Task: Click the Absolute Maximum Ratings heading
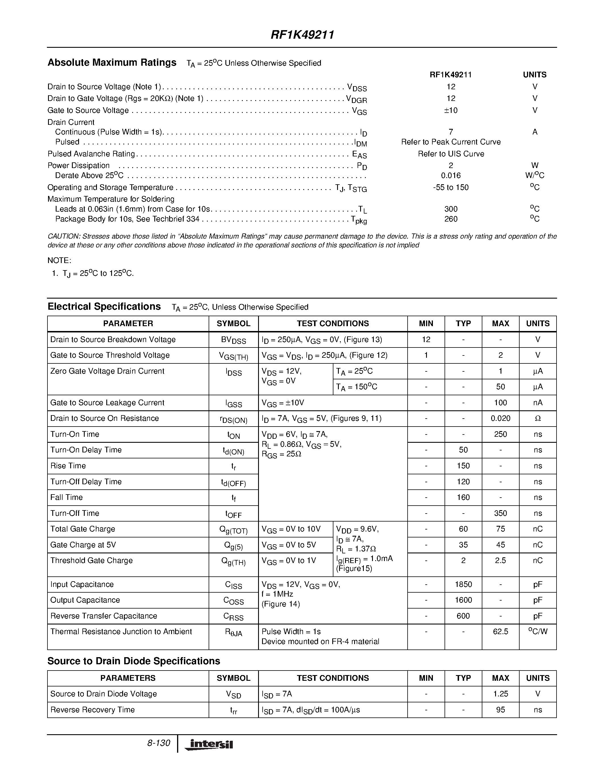coord(112,63)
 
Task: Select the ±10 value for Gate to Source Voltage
coord(451,110)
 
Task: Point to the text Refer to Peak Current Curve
coord(451,142)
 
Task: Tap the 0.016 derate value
coord(451,175)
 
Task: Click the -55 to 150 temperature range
coord(451,187)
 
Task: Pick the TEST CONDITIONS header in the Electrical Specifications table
coord(333,323)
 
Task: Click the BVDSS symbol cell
coord(233,340)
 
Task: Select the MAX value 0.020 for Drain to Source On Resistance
coord(500,418)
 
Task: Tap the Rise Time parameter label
coord(68,466)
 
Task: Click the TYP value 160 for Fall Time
coord(463,497)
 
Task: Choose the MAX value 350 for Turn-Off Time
coord(500,513)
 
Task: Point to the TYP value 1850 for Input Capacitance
coord(463,584)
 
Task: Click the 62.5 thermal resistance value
coord(500,631)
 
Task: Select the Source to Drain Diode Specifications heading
coord(134,661)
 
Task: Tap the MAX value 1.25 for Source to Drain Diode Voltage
coord(500,694)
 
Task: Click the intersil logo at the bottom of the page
coord(209,744)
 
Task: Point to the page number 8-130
coord(159,743)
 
